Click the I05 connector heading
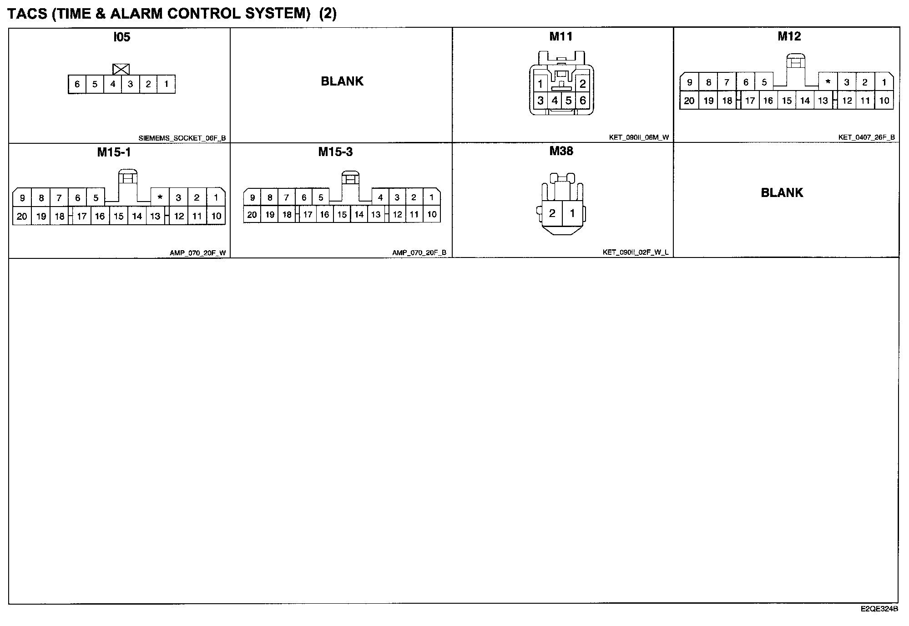pos(121,37)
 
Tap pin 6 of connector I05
pos(77,84)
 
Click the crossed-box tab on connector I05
pos(121,69)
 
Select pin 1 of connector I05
pos(166,84)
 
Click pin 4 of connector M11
pos(555,101)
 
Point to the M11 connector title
pos(561,36)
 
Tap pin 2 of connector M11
pos(582,84)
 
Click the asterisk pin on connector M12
pos(828,82)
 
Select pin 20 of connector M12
pos(689,101)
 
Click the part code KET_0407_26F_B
pos(867,137)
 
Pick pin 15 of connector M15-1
pos(119,216)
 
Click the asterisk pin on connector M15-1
pos(160,197)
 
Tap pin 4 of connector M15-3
pos(380,197)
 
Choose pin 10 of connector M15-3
pos(432,214)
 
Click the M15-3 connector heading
pos(335,152)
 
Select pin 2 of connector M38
pos(552,213)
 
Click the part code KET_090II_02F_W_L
pos(636,252)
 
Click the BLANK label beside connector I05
pos(342,81)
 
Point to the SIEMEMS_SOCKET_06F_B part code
pos(182,138)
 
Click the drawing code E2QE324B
pos(879,609)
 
